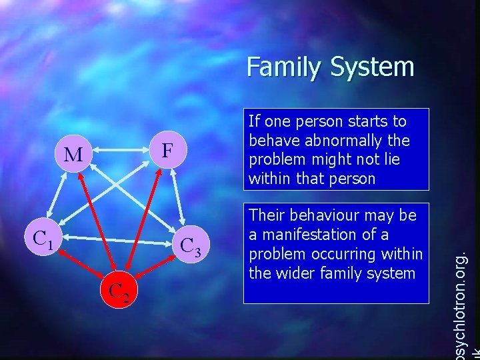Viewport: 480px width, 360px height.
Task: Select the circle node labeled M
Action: [x=74, y=155]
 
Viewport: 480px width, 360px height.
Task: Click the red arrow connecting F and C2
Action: [x=142, y=223]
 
